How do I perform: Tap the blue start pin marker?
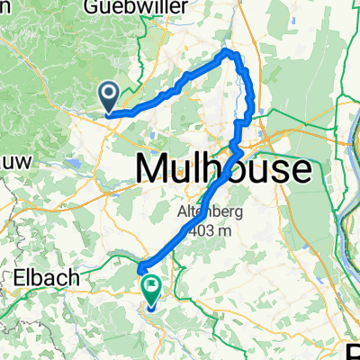107,94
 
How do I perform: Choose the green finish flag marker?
150,290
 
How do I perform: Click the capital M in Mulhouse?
151,168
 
